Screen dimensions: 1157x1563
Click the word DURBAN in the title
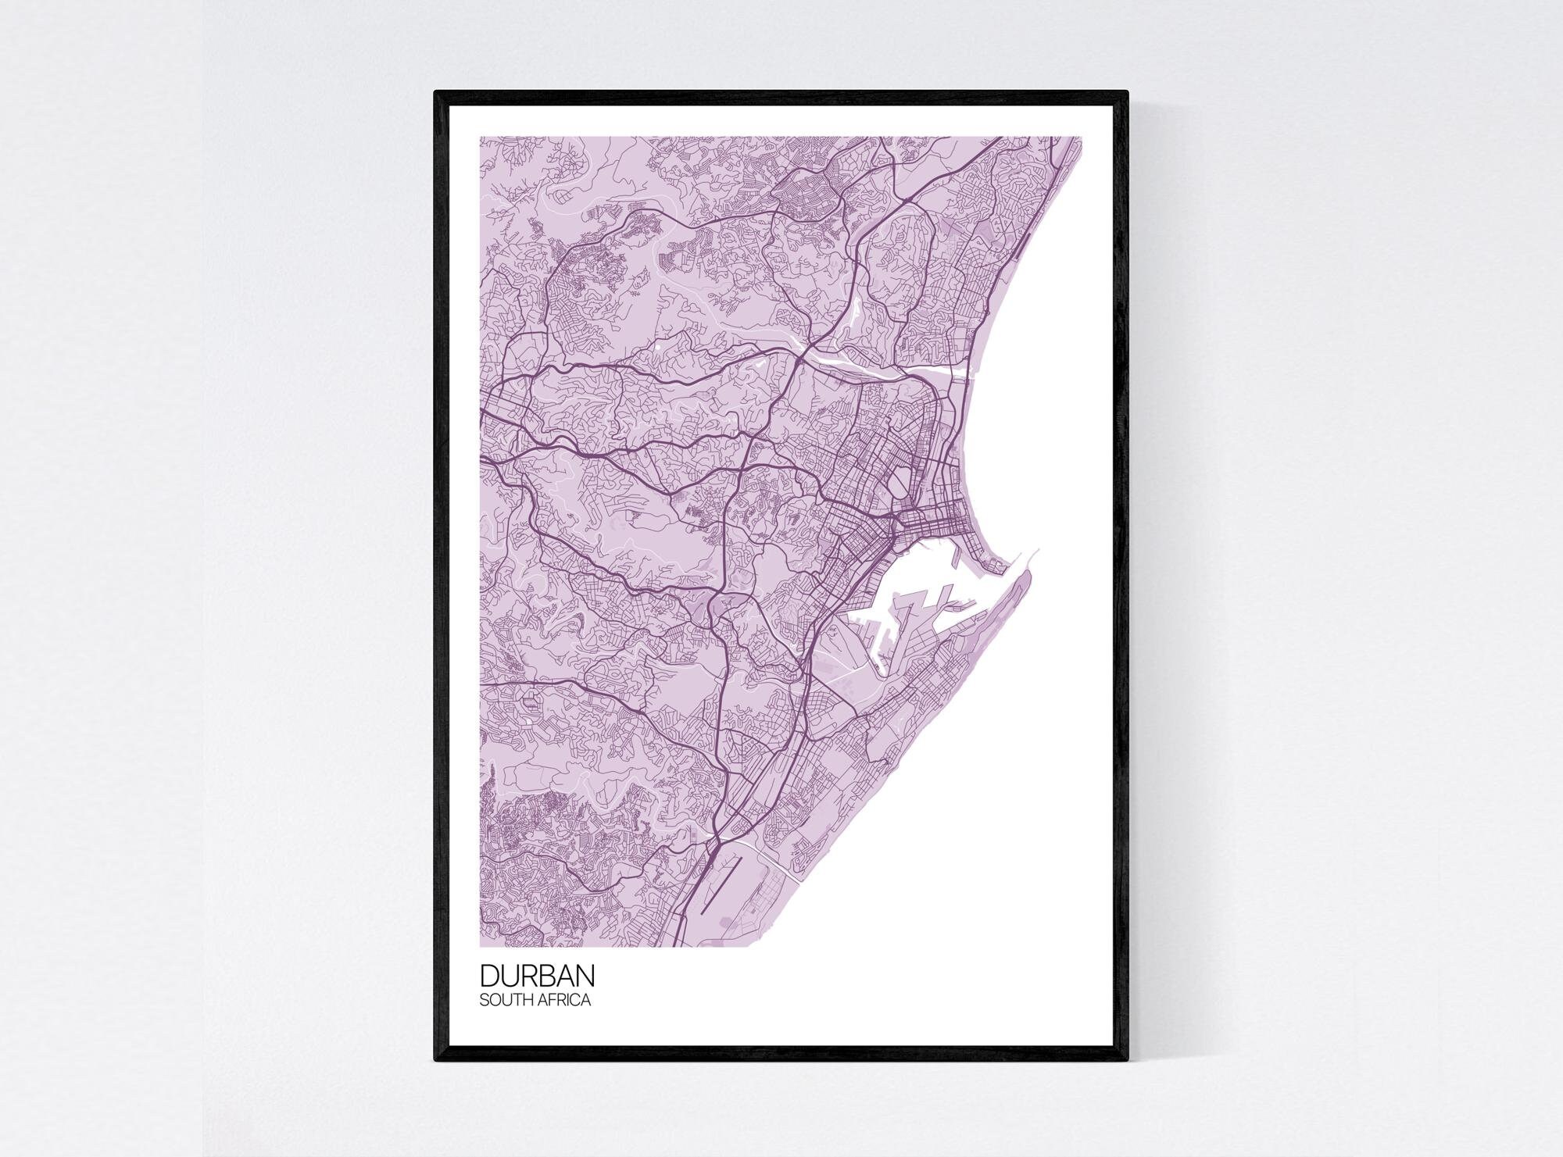(537, 977)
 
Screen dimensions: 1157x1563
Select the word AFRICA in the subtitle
(563, 999)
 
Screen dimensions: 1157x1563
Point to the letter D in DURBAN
(488, 977)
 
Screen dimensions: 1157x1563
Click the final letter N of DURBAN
(585, 977)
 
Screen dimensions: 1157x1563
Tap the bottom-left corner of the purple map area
(480, 946)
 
